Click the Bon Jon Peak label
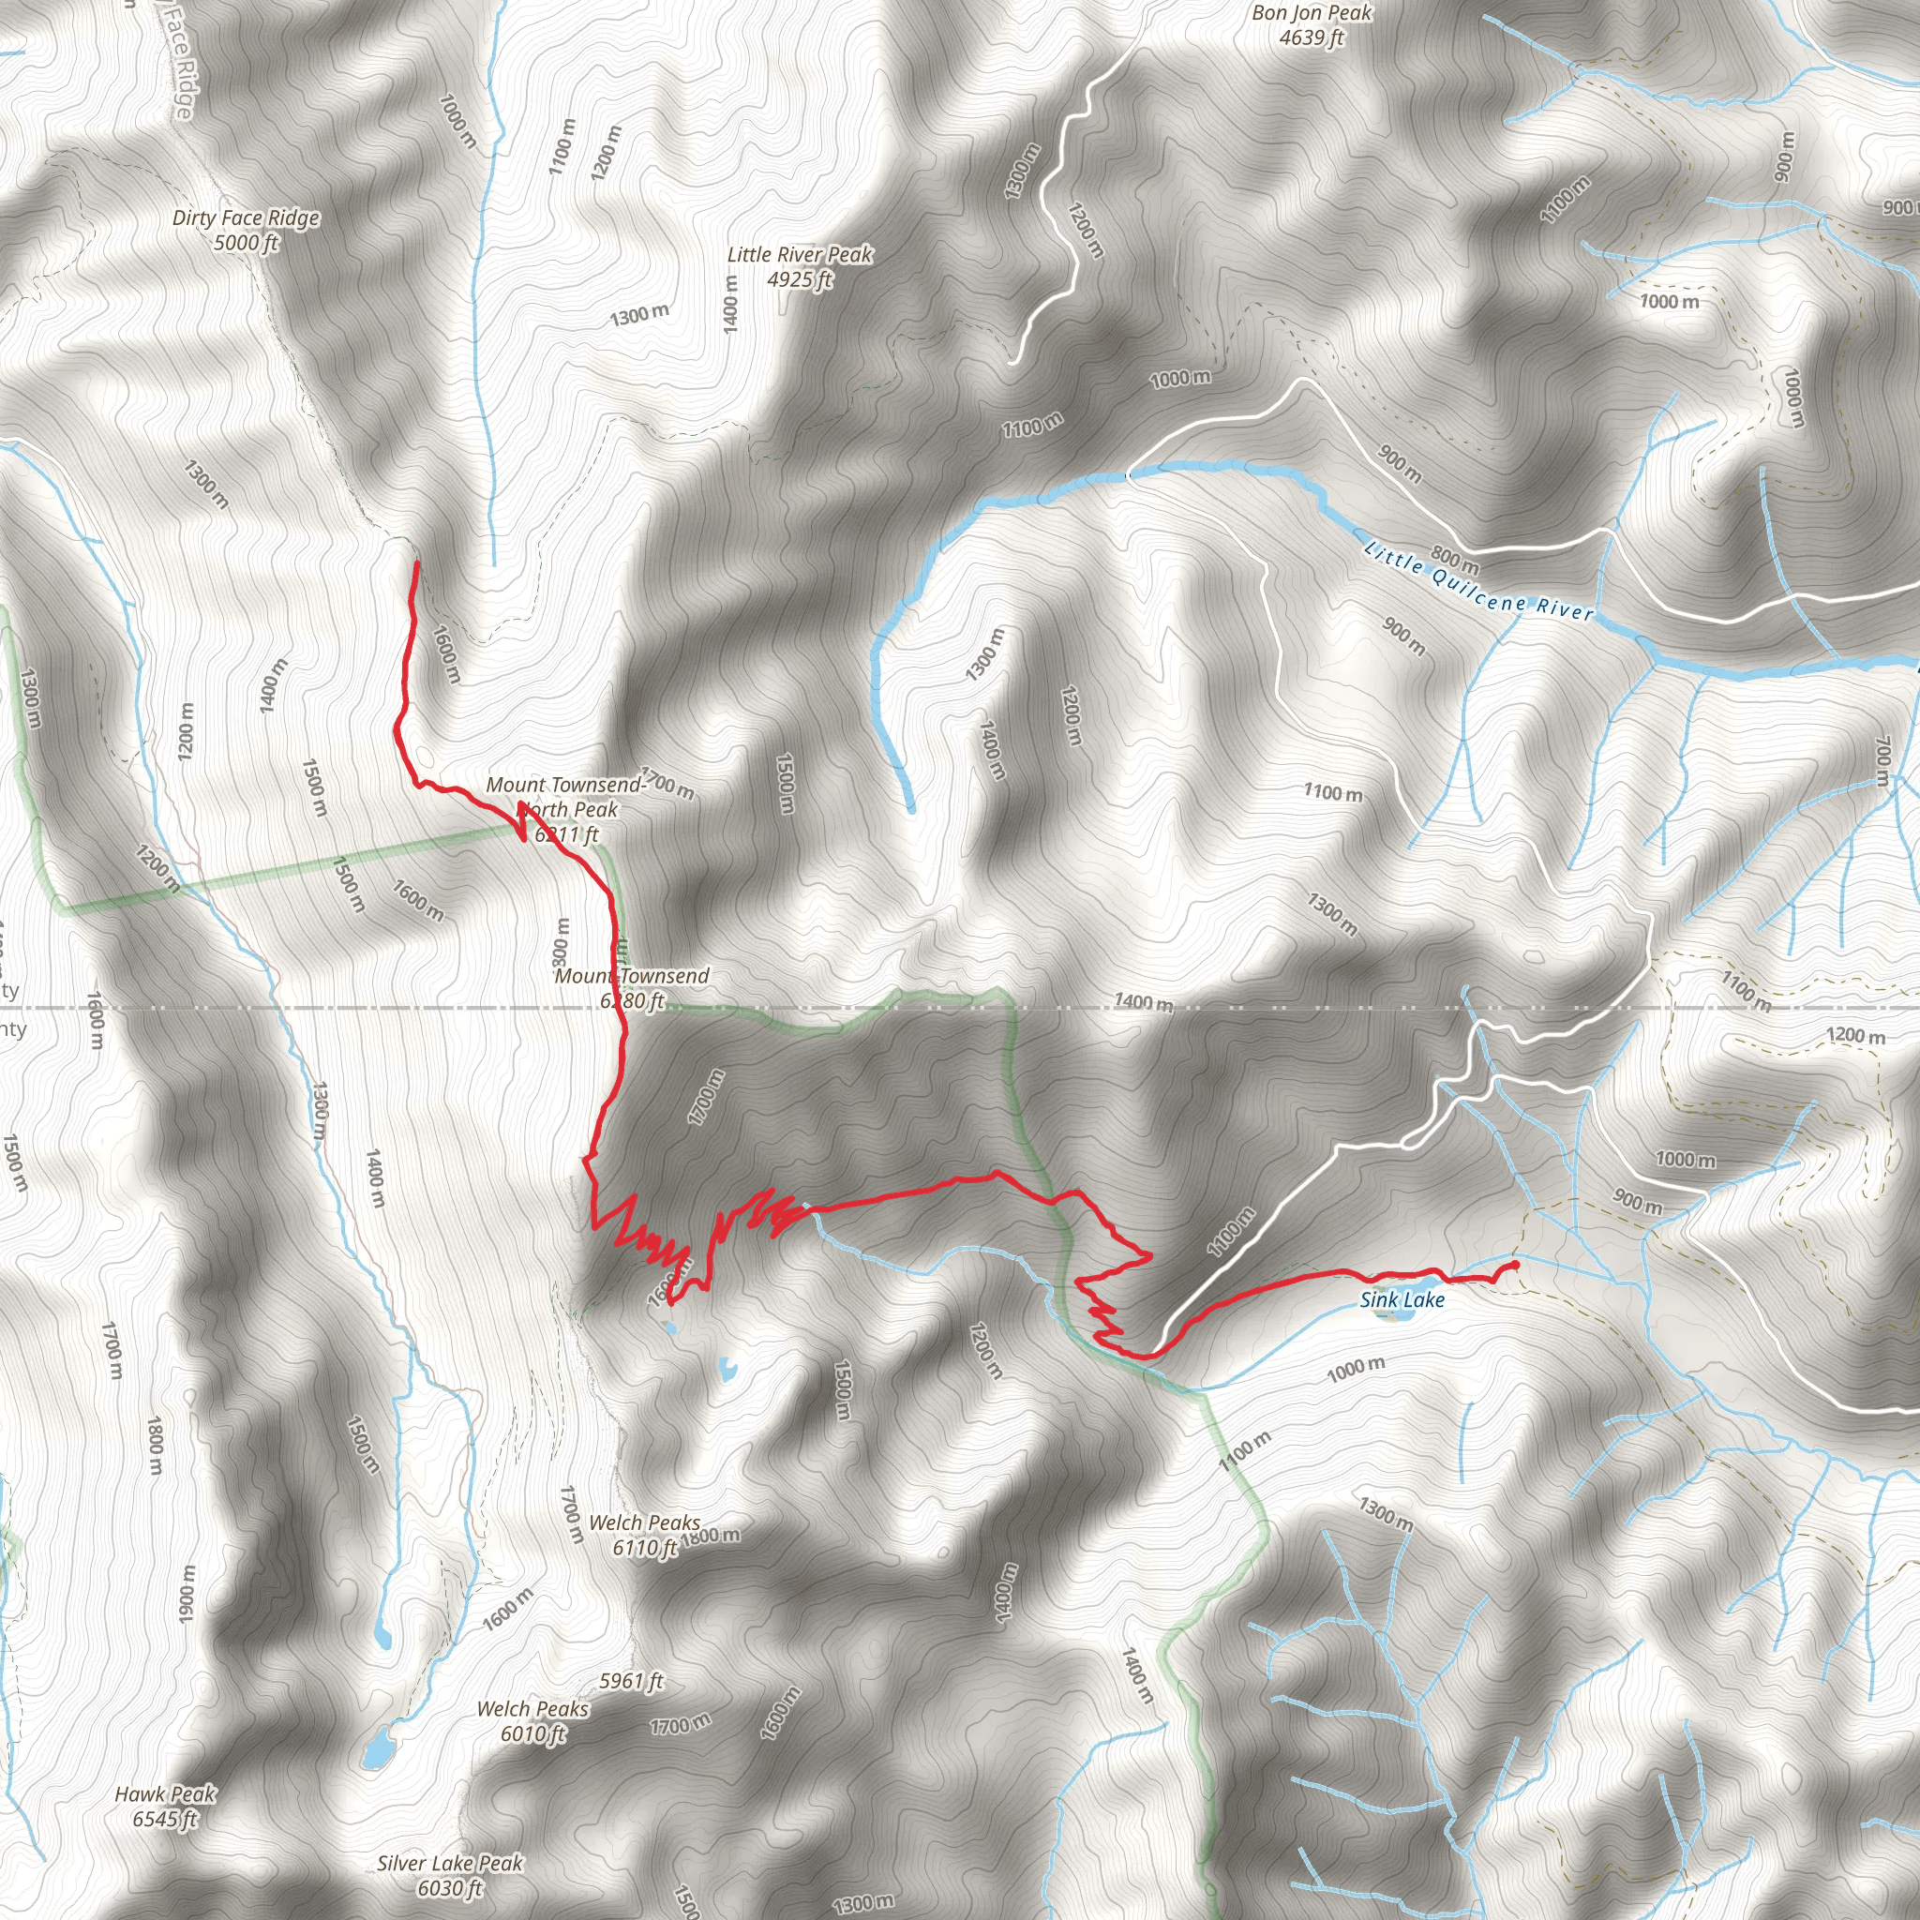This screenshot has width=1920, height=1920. (x=1311, y=25)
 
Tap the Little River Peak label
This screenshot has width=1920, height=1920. (x=799, y=267)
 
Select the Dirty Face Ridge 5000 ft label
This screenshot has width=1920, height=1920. (x=246, y=230)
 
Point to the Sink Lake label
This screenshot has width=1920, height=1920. (x=1402, y=1300)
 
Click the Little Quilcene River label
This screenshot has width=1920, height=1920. (x=1477, y=581)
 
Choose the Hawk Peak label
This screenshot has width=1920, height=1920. (x=165, y=1806)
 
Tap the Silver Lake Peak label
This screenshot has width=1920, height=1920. (x=449, y=1875)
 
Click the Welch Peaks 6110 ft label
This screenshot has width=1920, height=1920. (x=644, y=1536)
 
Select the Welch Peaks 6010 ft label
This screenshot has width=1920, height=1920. (x=532, y=1721)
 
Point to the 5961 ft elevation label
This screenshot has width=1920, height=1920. (x=631, y=1681)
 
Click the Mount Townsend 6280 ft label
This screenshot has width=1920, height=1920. (x=632, y=988)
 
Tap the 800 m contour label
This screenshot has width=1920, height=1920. (x=1455, y=560)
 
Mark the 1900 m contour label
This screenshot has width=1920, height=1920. (x=186, y=1594)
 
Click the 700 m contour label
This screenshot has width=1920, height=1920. (x=1882, y=760)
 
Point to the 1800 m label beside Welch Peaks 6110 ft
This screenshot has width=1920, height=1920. (x=711, y=1536)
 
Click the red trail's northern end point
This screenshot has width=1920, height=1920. (x=416, y=563)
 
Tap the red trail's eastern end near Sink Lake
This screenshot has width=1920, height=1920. (x=1517, y=1264)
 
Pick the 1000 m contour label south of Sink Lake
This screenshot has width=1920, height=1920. (x=1356, y=1371)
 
